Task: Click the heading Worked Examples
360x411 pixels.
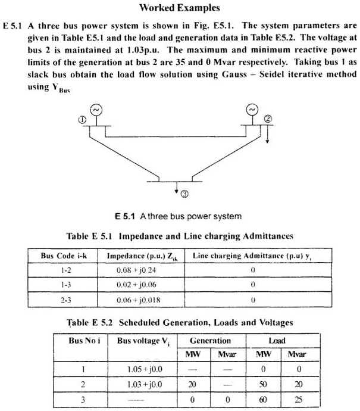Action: (179, 8)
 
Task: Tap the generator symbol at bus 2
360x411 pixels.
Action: (252, 110)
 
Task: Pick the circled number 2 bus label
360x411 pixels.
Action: (268, 120)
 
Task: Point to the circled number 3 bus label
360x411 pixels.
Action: (185, 194)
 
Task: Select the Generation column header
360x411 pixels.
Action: (210, 341)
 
